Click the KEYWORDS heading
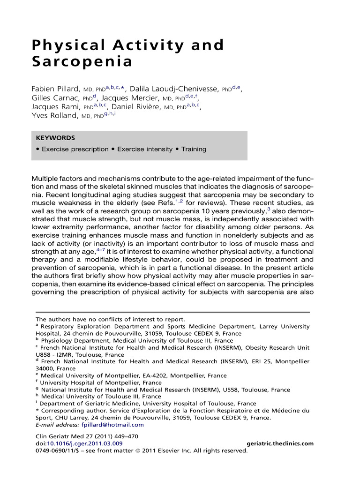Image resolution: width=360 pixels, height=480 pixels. pos(55,138)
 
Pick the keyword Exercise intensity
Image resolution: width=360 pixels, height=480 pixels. pos(144,149)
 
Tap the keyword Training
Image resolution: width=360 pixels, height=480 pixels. pos(194,149)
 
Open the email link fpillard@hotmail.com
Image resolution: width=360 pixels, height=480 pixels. pos(112,425)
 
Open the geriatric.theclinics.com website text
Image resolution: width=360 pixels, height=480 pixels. pos(279,443)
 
